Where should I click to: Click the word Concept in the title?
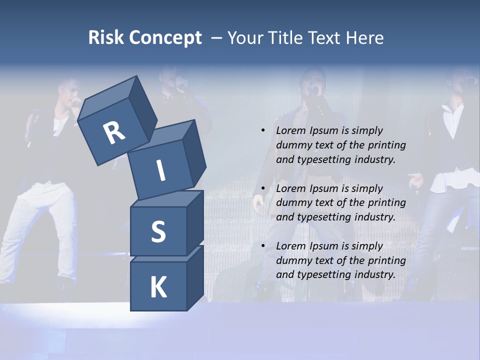(x=165, y=38)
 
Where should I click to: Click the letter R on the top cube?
(x=114, y=133)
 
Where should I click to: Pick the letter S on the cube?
(x=158, y=231)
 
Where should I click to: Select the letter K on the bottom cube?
(x=158, y=287)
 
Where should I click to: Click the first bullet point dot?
(x=263, y=130)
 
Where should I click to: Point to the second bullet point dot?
(x=263, y=188)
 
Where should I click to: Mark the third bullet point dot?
(x=263, y=246)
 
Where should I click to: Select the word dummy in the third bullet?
(x=293, y=260)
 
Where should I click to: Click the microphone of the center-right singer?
(x=314, y=92)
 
